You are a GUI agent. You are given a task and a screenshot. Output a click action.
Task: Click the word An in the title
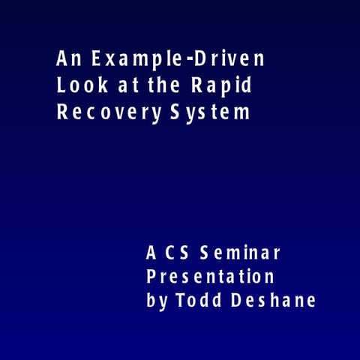(66, 58)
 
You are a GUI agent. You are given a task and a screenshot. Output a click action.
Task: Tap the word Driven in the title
(231, 58)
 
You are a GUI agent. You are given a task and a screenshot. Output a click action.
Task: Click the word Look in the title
(79, 85)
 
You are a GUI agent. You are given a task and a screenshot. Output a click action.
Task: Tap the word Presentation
(210, 276)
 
